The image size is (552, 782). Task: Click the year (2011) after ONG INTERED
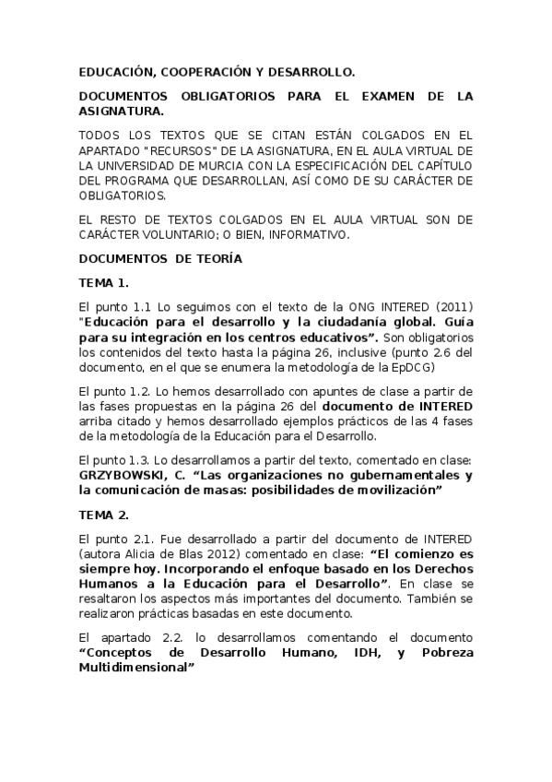coord(453,306)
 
